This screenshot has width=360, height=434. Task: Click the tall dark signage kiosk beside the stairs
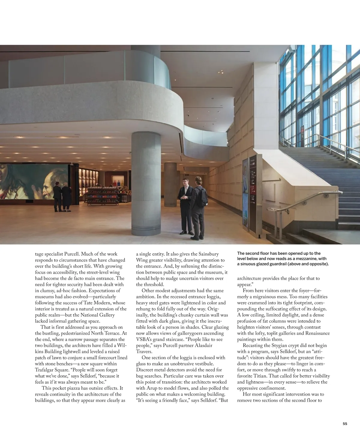click(253, 195)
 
